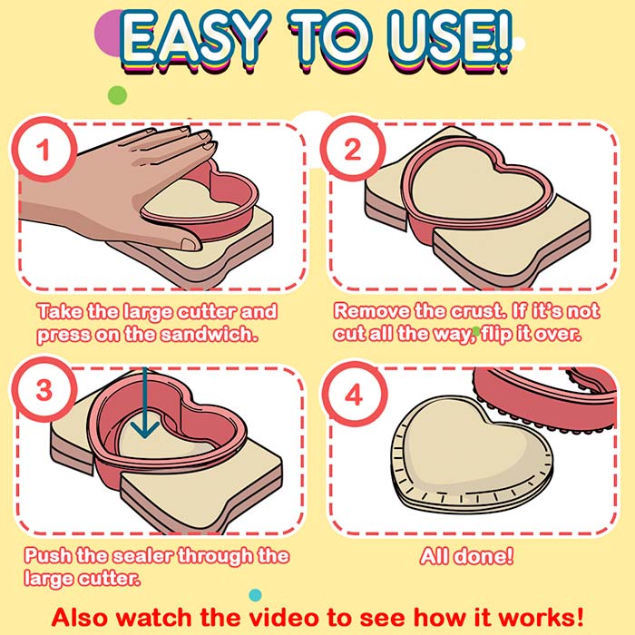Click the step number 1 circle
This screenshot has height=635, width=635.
(x=44, y=149)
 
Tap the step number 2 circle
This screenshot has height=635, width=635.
(x=353, y=149)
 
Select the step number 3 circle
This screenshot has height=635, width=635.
(x=44, y=389)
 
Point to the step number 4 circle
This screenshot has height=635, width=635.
(x=355, y=394)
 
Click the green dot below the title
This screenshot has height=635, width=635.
(x=117, y=95)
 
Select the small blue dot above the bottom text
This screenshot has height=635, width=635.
(x=255, y=595)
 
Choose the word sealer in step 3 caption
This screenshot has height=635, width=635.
(x=143, y=555)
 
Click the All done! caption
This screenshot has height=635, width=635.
(x=466, y=555)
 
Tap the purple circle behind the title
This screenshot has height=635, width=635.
(x=107, y=34)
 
